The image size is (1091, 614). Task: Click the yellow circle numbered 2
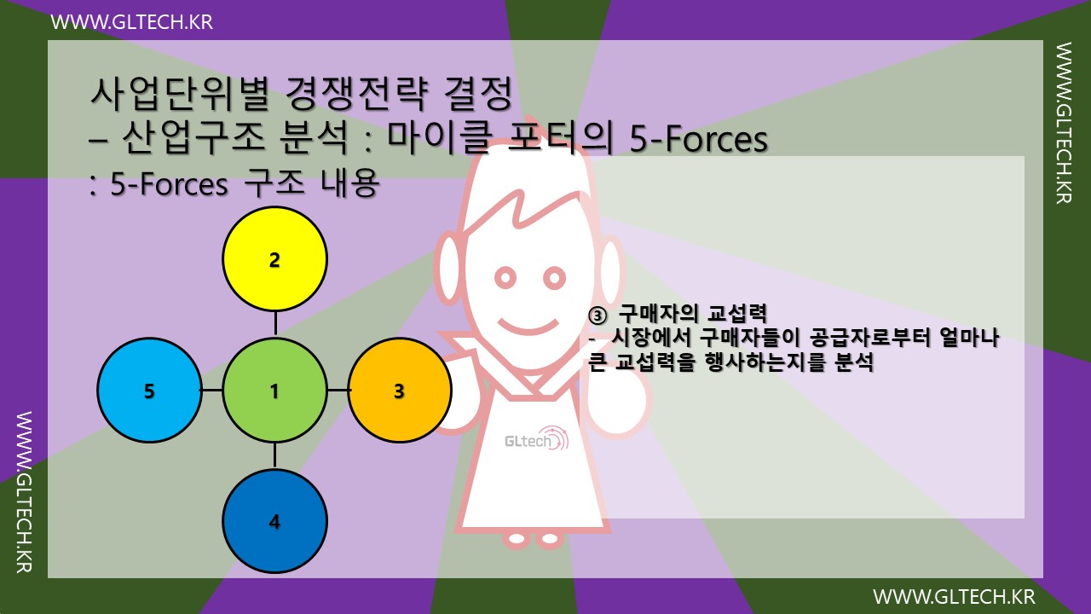pos(274,259)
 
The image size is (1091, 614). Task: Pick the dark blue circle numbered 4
pos(274,521)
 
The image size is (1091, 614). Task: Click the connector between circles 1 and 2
pos(274,323)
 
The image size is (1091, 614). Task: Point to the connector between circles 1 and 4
pos(274,455)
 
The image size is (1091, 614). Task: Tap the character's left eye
pos(505,277)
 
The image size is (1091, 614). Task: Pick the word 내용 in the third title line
pos(350,185)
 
